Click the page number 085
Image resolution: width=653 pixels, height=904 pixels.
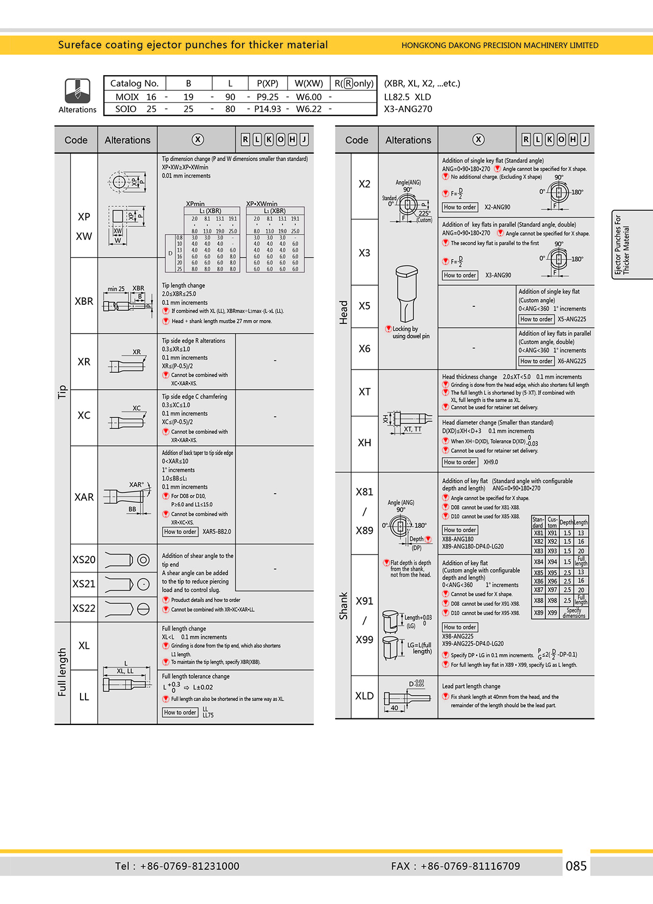click(576, 866)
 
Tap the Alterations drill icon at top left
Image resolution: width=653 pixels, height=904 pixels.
click(77, 91)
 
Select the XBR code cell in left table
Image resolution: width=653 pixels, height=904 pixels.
click(84, 301)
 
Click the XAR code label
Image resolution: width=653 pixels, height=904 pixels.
click(84, 497)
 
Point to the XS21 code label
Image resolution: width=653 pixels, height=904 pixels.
click(84, 583)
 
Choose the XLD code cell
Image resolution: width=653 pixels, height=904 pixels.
click(364, 696)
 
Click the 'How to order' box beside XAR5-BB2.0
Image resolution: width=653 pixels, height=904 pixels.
click(180, 532)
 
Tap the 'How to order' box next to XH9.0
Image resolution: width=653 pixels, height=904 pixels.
click(460, 462)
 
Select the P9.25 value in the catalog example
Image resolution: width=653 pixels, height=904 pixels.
click(267, 97)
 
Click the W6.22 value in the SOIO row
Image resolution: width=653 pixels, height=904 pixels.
click(309, 109)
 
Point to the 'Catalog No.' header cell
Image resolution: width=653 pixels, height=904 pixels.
click(134, 83)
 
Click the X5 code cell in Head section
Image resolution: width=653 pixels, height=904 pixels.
click(364, 306)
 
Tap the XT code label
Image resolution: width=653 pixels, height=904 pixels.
click(364, 392)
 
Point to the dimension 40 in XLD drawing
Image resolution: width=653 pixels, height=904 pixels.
click(394, 708)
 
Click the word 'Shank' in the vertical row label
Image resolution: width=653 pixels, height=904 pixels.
click(343, 605)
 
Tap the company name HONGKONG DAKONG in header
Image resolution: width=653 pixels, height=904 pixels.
click(500, 45)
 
